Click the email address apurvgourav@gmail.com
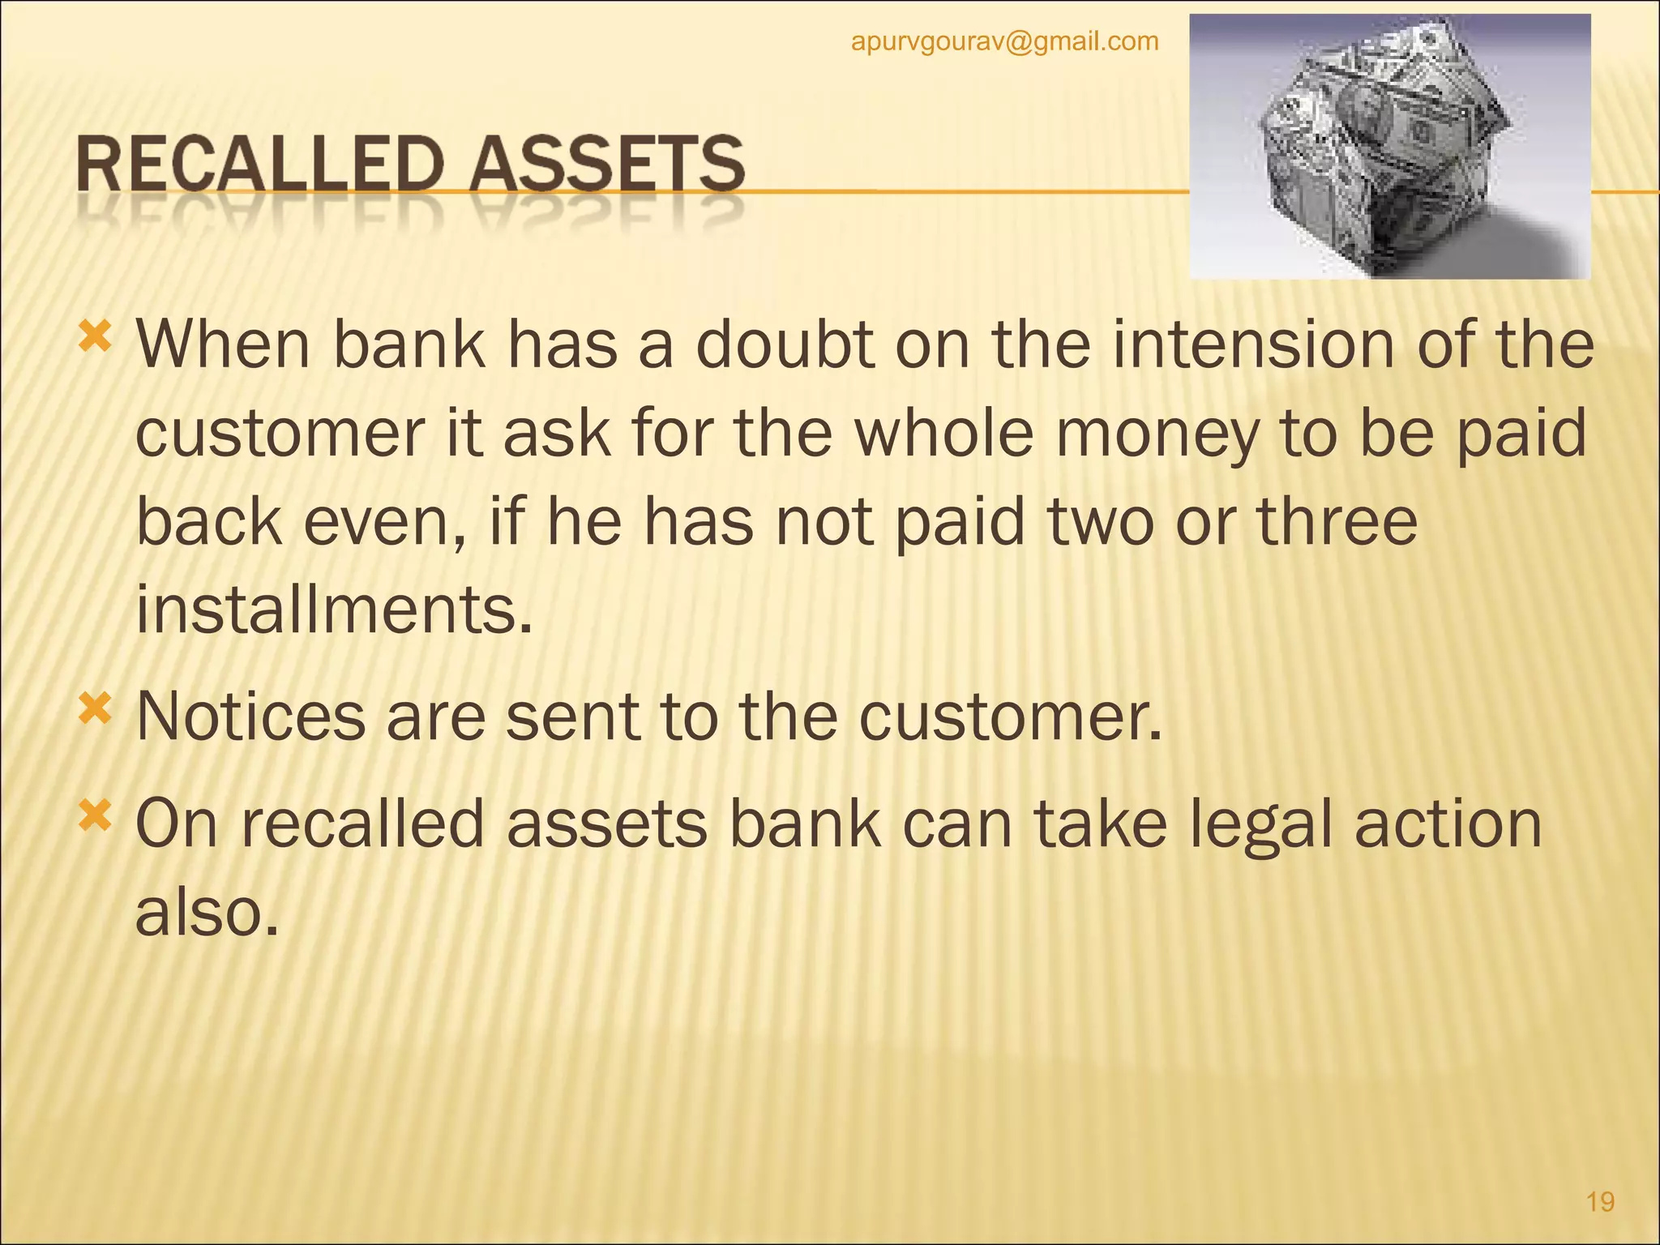[x=1004, y=41]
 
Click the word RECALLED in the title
[x=260, y=165]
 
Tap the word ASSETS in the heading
[x=607, y=165]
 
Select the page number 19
[x=1600, y=1201]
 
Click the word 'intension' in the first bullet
[x=1253, y=344]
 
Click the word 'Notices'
[x=250, y=717]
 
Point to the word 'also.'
[x=207, y=912]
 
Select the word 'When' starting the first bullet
[x=223, y=344]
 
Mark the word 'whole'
[x=944, y=434]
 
